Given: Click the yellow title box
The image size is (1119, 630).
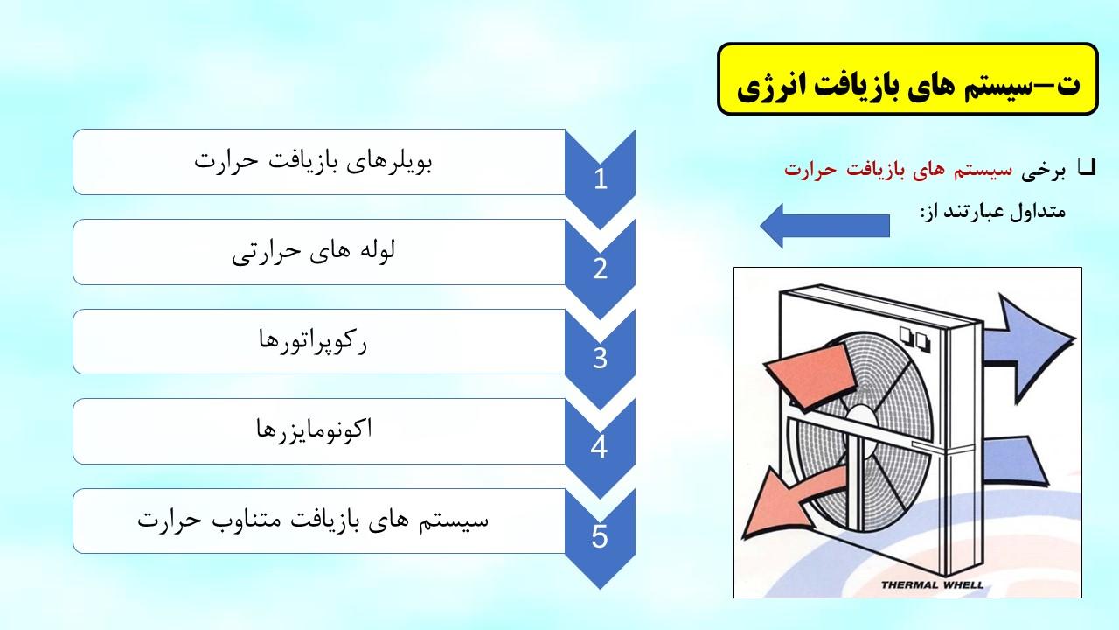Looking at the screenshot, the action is coord(907,79).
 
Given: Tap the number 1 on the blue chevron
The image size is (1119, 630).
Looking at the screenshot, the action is coord(601,178).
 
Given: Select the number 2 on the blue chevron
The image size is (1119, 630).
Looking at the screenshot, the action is coord(601,269).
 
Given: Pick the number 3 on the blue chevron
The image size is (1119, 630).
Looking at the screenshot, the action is coord(601,358).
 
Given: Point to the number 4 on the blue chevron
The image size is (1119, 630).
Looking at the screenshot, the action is coord(600,447).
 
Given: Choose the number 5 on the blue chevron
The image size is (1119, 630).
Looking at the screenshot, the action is coord(600,537).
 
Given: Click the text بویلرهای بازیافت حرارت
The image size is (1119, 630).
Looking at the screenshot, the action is coord(313,162).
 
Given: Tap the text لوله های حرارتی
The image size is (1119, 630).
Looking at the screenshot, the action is coord(313,251).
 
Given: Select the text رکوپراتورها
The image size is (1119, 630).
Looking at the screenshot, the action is coord(313,341).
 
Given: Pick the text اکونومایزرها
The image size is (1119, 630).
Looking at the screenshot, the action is coord(314,430).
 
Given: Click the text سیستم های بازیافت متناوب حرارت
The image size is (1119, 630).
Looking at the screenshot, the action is coord(313,520).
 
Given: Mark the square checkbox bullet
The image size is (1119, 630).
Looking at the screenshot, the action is coord(1087,166).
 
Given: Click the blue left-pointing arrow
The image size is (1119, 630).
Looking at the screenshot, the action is coord(824,226).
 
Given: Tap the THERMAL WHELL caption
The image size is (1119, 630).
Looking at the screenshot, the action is coord(932,584).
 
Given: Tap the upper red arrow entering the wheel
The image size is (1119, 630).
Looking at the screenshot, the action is coord(811,375).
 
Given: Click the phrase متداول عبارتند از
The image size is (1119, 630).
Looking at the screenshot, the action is coord(993,212).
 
